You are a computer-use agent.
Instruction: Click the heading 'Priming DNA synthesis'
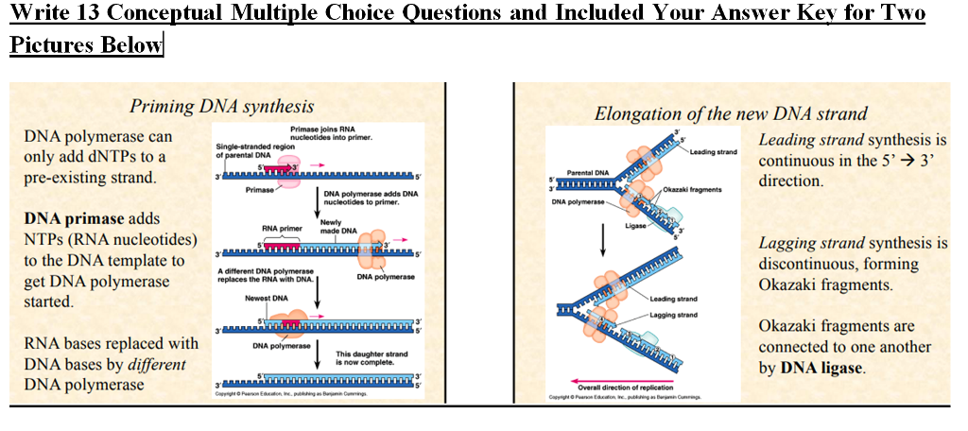221,106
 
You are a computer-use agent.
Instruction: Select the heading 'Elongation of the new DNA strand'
730,113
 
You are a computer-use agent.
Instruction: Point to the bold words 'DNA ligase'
821,367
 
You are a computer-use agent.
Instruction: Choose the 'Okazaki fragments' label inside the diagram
695,190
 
